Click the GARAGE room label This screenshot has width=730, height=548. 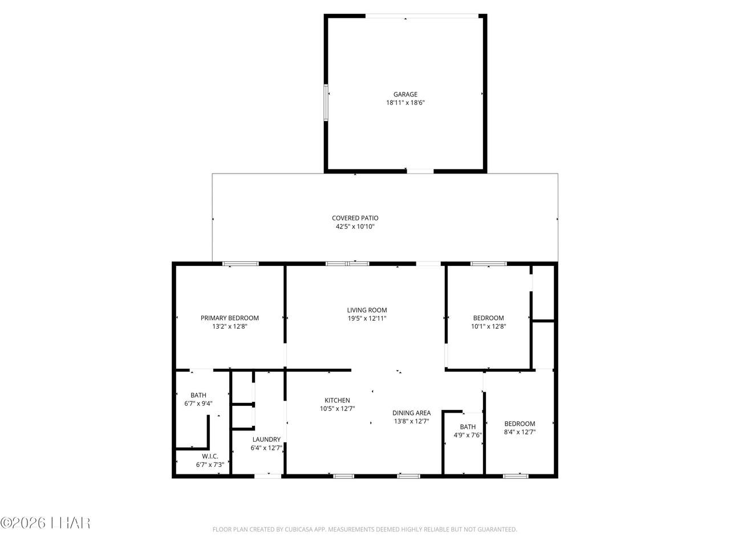[405, 95]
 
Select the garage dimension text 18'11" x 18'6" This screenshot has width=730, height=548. [405, 103]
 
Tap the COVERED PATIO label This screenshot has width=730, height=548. [355, 218]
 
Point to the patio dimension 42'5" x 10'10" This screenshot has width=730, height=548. [355, 227]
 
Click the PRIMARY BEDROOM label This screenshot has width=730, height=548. [229, 318]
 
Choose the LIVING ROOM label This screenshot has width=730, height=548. [367, 310]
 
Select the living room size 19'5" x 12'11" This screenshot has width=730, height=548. [367, 319]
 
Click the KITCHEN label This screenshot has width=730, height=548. [337, 400]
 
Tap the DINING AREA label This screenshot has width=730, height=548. [411, 413]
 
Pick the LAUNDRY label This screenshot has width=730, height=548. [266, 440]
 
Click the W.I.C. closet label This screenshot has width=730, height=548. [210, 456]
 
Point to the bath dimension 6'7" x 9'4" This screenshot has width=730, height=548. [198, 404]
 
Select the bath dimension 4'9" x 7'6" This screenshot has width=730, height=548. [468, 435]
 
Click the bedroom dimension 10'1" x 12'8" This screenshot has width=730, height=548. [488, 327]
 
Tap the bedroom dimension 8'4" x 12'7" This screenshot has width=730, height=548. [520, 432]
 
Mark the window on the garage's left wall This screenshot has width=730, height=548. [326, 103]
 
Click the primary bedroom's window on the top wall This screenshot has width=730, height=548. [241, 264]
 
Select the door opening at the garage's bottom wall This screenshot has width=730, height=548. [420, 171]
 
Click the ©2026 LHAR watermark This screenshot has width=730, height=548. [45, 523]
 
